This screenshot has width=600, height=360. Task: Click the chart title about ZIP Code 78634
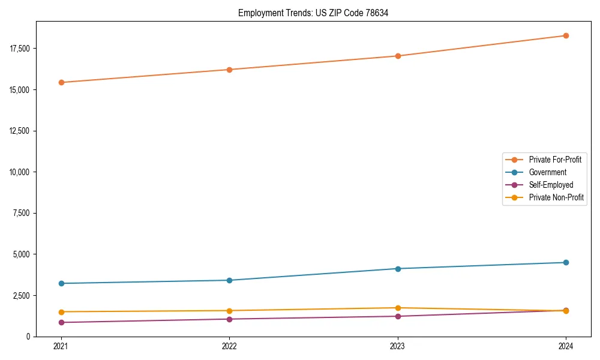(x=313, y=13)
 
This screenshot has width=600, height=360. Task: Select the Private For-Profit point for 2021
(x=61, y=82)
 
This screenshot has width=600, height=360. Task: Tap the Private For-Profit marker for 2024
(x=566, y=35)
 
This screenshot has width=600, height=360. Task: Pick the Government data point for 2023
(x=398, y=268)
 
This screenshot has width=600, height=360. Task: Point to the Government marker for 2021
(x=61, y=283)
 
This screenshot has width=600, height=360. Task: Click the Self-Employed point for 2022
(x=229, y=319)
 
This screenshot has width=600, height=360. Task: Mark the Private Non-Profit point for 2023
(x=398, y=308)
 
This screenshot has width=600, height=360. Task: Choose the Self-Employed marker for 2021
(x=61, y=322)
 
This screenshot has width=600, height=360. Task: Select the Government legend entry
(x=547, y=172)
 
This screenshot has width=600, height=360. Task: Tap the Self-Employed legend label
(x=551, y=185)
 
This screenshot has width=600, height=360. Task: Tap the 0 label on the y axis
(x=28, y=337)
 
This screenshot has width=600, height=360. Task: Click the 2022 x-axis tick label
(x=229, y=346)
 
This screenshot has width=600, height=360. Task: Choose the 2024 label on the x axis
(x=566, y=346)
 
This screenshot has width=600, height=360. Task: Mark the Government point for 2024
(x=566, y=262)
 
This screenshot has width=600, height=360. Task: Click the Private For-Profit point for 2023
(x=398, y=56)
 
